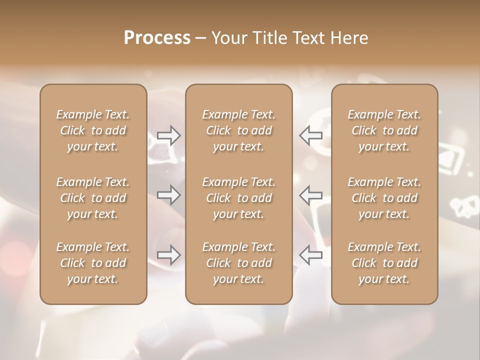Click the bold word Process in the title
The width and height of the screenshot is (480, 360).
coord(157,38)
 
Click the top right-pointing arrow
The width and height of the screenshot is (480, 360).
coord(168,135)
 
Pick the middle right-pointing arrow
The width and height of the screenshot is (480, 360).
coord(168,194)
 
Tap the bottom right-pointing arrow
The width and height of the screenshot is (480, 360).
coord(168,254)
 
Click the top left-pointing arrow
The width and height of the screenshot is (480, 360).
coord(311,135)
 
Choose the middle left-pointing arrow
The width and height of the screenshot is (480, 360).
coord(311,194)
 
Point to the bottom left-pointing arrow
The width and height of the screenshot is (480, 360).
coord(311,254)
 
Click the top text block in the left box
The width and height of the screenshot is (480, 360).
coord(93,130)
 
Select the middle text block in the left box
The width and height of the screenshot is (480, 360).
coord(93,198)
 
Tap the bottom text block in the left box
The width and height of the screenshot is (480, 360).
coord(93,263)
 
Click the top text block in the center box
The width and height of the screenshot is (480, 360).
coord(239,130)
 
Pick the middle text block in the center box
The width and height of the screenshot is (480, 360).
coord(239,198)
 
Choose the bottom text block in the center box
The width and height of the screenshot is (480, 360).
coord(239,263)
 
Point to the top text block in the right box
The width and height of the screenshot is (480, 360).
coord(384,130)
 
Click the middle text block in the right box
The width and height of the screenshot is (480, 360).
coord(384,198)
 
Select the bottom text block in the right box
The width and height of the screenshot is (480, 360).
coord(384,263)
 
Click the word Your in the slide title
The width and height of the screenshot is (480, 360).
coord(227,38)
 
